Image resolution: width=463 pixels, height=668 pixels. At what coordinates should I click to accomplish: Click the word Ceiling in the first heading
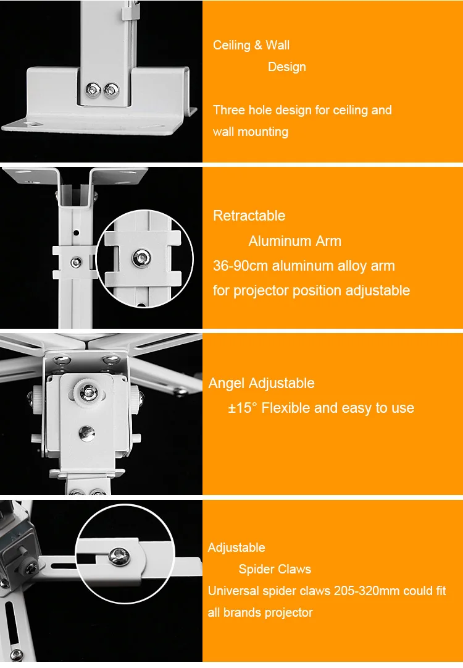click(231, 45)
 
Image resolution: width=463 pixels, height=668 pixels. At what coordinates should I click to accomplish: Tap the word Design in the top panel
click(287, 67)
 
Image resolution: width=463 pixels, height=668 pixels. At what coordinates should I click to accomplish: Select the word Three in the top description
click(228, 110)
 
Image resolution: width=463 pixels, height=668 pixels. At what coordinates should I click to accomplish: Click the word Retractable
click(249, 216)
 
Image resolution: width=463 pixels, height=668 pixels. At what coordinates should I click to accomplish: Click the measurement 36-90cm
click(240, 266)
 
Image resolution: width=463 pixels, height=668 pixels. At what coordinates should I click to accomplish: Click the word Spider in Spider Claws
click(254, 569)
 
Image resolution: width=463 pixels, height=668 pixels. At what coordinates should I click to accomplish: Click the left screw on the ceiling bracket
click(93, 89)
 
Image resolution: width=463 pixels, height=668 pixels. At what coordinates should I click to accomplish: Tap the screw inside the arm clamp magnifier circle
click(141, 258)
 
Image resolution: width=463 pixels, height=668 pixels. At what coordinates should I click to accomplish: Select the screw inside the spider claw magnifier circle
click(120, 556)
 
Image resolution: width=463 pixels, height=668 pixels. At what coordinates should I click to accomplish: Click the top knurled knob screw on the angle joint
click(88, 391)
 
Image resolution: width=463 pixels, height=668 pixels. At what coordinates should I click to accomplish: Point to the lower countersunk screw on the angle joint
click(87, 433)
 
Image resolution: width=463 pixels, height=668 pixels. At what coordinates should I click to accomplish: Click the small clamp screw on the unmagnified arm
click(76, 262)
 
